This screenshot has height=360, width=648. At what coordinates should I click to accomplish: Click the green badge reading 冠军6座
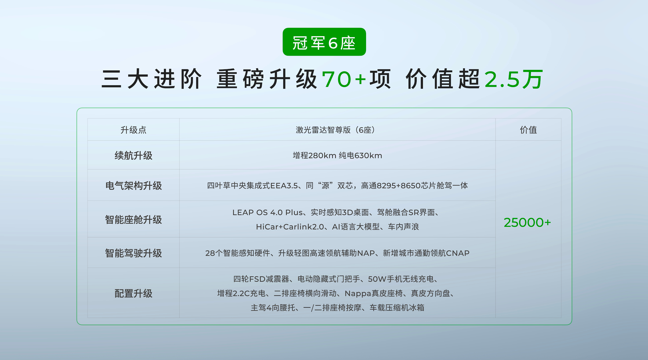324,42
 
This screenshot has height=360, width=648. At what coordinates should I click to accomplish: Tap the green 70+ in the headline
344,79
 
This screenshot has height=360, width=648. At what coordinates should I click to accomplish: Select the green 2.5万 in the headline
514,79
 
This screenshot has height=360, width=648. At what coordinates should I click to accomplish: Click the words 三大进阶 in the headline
151,79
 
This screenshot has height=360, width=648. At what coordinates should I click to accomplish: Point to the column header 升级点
133,130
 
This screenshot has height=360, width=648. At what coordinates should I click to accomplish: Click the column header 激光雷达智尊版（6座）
337,130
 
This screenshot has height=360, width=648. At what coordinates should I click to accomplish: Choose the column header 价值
528,130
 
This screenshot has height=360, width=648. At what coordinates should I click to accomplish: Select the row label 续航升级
133,155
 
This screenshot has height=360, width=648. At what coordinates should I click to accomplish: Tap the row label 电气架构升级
133,186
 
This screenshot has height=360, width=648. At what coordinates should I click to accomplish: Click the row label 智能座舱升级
133,220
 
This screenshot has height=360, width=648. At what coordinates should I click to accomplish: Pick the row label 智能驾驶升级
133,253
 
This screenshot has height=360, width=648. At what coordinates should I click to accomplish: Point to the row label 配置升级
133,293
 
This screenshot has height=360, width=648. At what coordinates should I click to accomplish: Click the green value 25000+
527,223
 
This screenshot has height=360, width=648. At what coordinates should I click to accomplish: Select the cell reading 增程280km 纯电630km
337,155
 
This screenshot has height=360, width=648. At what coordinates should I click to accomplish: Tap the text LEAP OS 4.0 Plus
267,213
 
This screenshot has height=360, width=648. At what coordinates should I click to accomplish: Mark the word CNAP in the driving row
458,253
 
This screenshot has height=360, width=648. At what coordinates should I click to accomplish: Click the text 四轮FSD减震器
261,279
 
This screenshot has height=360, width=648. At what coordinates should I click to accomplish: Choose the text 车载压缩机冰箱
397,308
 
